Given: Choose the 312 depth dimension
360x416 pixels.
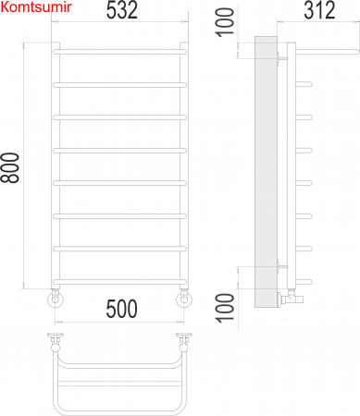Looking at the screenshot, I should [x=318, y=13].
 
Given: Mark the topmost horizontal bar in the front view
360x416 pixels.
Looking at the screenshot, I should [x=120, y=52].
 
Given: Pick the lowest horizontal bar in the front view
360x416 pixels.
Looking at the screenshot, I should [x=120, y=281].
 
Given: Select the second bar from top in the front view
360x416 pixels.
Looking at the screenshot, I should [x=120, y=84].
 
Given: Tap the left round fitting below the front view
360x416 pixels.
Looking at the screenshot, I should [x=55, y=298].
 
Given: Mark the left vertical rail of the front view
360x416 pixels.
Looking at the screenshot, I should [x=55, y=166].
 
